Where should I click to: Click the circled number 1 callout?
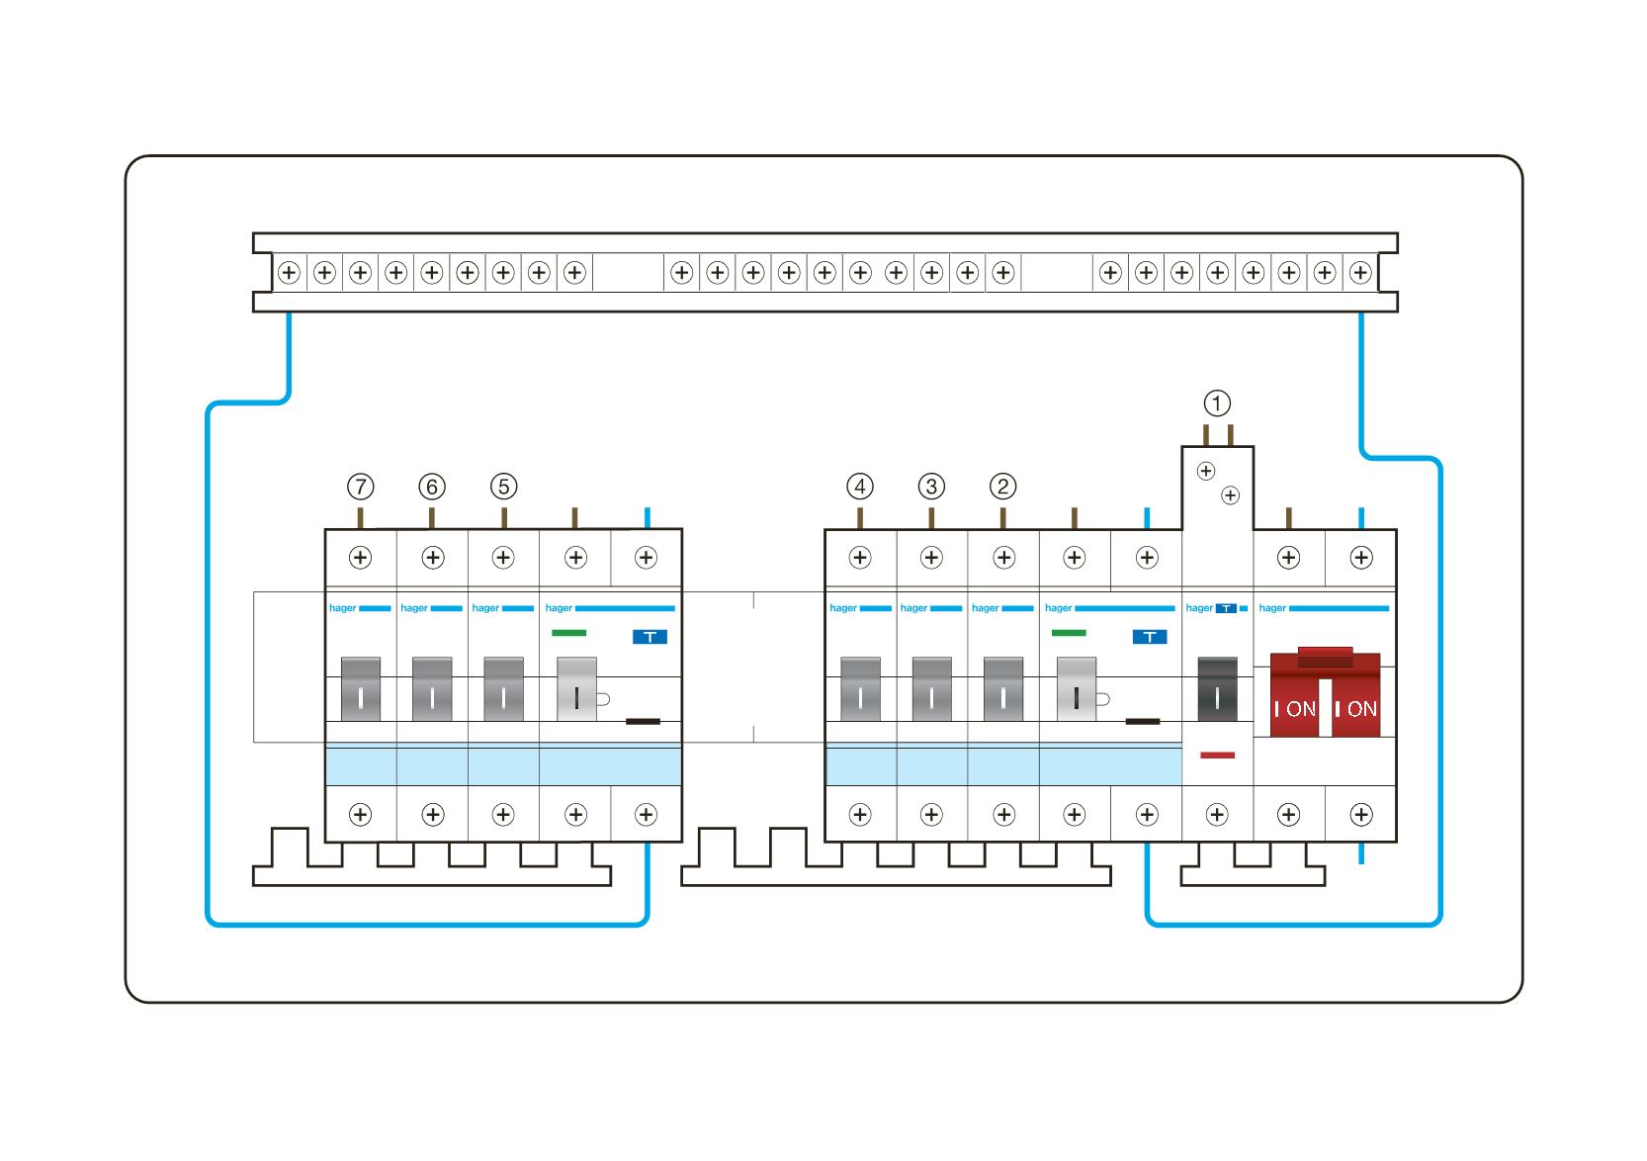(1217, 403)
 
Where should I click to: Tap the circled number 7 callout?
(361, 487)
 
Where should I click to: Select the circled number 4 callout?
(860, 487)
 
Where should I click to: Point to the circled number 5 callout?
(503, 487)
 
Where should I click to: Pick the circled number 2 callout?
(1002, 487)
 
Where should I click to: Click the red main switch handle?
(1325, 692)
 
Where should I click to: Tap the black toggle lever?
(1217, 688)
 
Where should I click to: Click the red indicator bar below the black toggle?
(1217, 756)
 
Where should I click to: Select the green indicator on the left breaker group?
(568, 633)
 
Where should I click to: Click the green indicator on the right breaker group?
(1069, 633)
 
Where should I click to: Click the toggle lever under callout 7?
(361, 689)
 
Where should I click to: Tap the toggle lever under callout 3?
(931, 689)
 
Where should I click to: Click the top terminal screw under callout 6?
(432, 558)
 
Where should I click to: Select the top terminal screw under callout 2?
(1003, 558)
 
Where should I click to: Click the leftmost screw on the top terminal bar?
(289, 272)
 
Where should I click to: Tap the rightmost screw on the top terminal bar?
(1360, 272)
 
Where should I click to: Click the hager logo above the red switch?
(1272, 608)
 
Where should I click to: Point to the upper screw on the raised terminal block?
(1206, 472)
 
